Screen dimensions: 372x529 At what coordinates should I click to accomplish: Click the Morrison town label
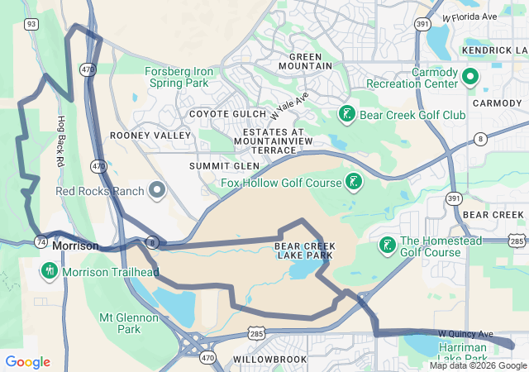[x=75, y=246]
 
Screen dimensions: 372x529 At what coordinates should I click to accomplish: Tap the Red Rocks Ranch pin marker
[x=157, y=191]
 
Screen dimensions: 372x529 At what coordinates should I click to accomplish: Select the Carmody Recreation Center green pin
[x=470, y=78]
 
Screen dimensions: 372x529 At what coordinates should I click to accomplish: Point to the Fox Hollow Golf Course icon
[x=353, y=182]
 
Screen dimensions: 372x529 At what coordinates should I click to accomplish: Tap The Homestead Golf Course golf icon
[x=386, y=246]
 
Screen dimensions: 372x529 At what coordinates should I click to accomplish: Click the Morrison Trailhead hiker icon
[x=50, y=270]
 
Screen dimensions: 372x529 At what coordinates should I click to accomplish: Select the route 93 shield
[x=31, y=25]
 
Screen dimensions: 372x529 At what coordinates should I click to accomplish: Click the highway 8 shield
[x=480, y=139]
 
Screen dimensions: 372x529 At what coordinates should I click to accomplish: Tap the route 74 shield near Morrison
[x=41, y=241]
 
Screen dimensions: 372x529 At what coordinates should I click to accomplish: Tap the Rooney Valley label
[x=139, y=135]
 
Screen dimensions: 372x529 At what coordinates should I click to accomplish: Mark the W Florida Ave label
[x=469, y=16]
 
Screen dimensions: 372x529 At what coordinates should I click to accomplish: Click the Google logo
[x=27, y=362]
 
